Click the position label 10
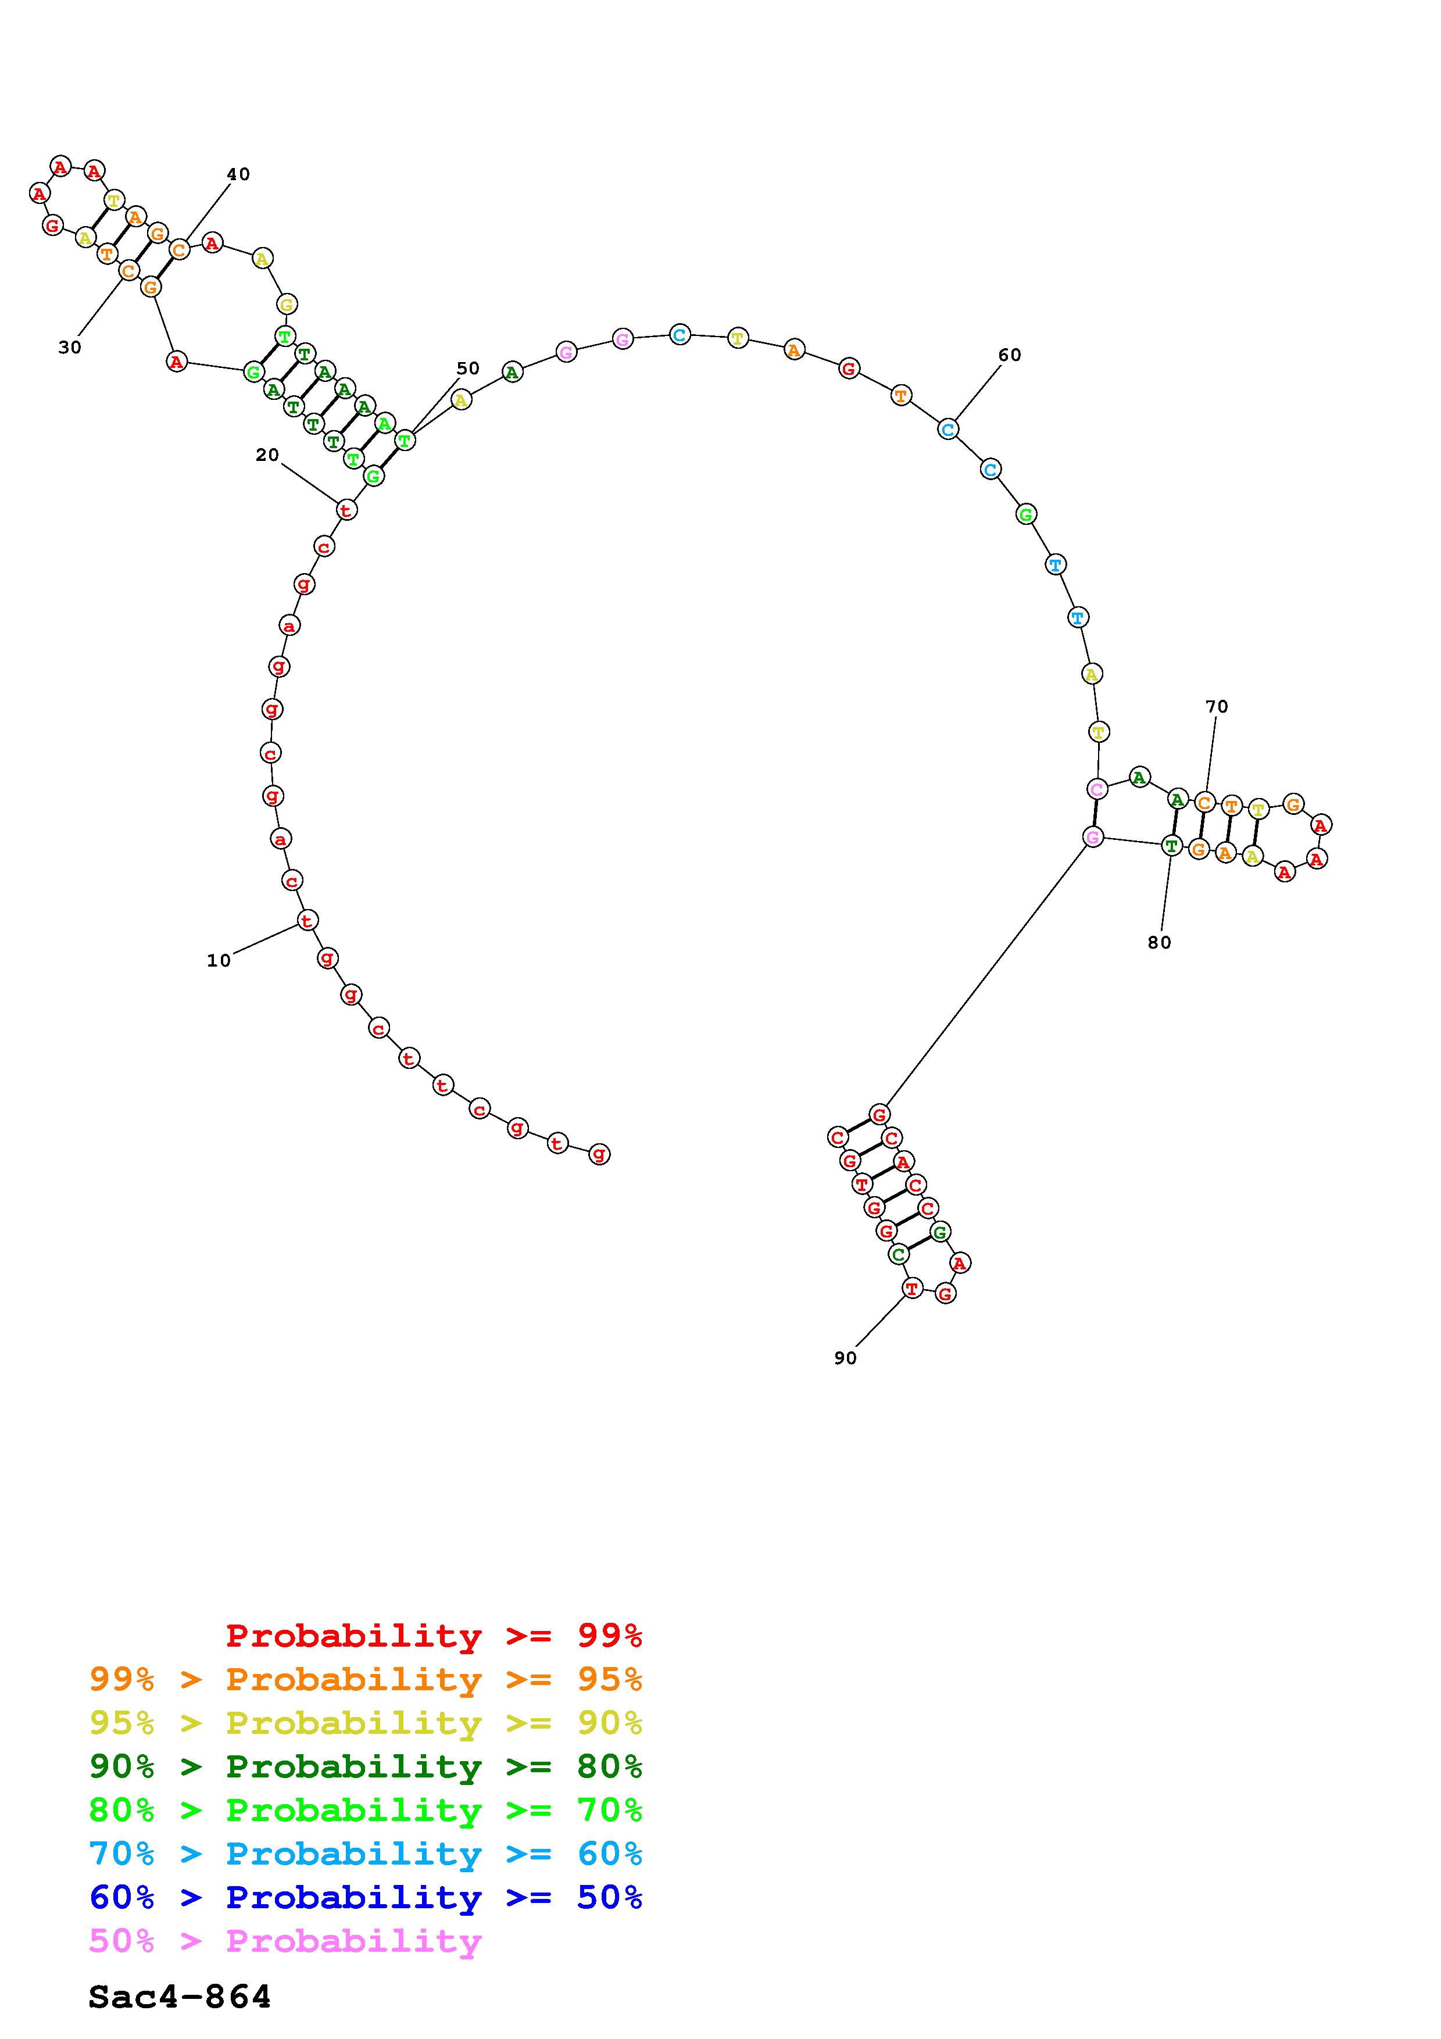(219, 960)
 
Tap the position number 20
(267, 455)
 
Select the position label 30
(70, 347)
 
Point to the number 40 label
(238, 174)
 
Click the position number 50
(468, 368)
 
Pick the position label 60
(1010, 355)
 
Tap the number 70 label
(1217, 706)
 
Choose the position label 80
(1160, 942)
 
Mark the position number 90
(845, 1358)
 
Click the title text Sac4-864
(180, 1997)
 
